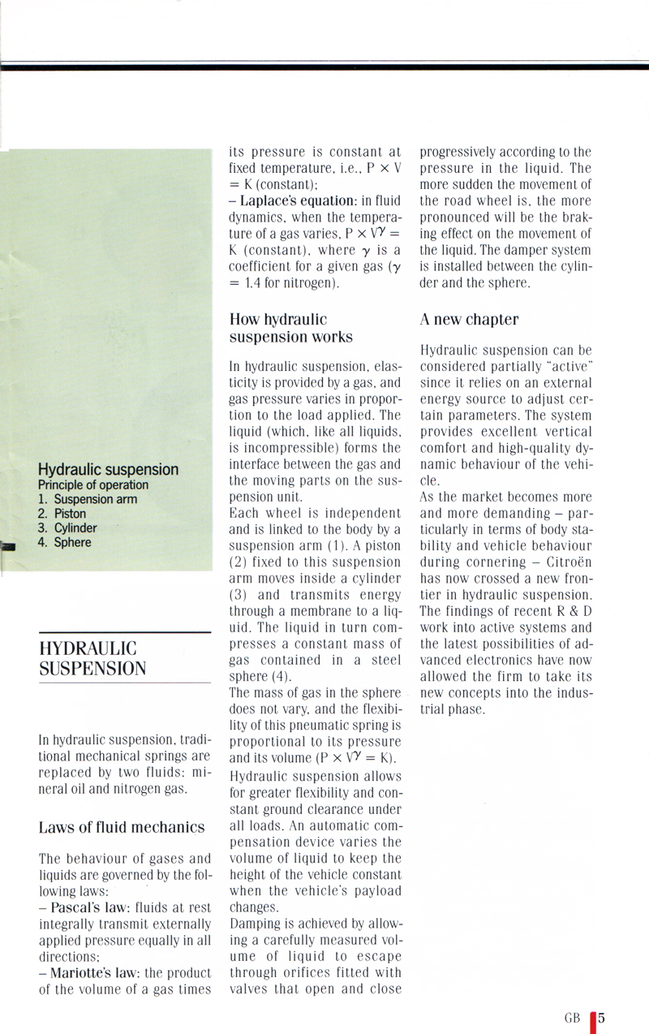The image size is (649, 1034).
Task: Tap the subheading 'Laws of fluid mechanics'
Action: tap(121, 827)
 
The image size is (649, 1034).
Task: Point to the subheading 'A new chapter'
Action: tap(469, 319)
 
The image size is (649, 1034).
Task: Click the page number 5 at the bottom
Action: tap(603, 1017)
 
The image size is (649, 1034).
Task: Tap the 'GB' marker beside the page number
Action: tap(573, 1018)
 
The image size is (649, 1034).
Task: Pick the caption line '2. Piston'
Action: tap(62, 514)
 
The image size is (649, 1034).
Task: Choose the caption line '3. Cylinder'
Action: tap(67, 528)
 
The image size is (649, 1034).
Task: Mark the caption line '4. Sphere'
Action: tap(64, 542)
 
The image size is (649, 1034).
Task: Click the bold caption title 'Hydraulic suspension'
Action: tap(108, 470)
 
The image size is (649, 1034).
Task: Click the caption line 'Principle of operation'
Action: tap(93, 485)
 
